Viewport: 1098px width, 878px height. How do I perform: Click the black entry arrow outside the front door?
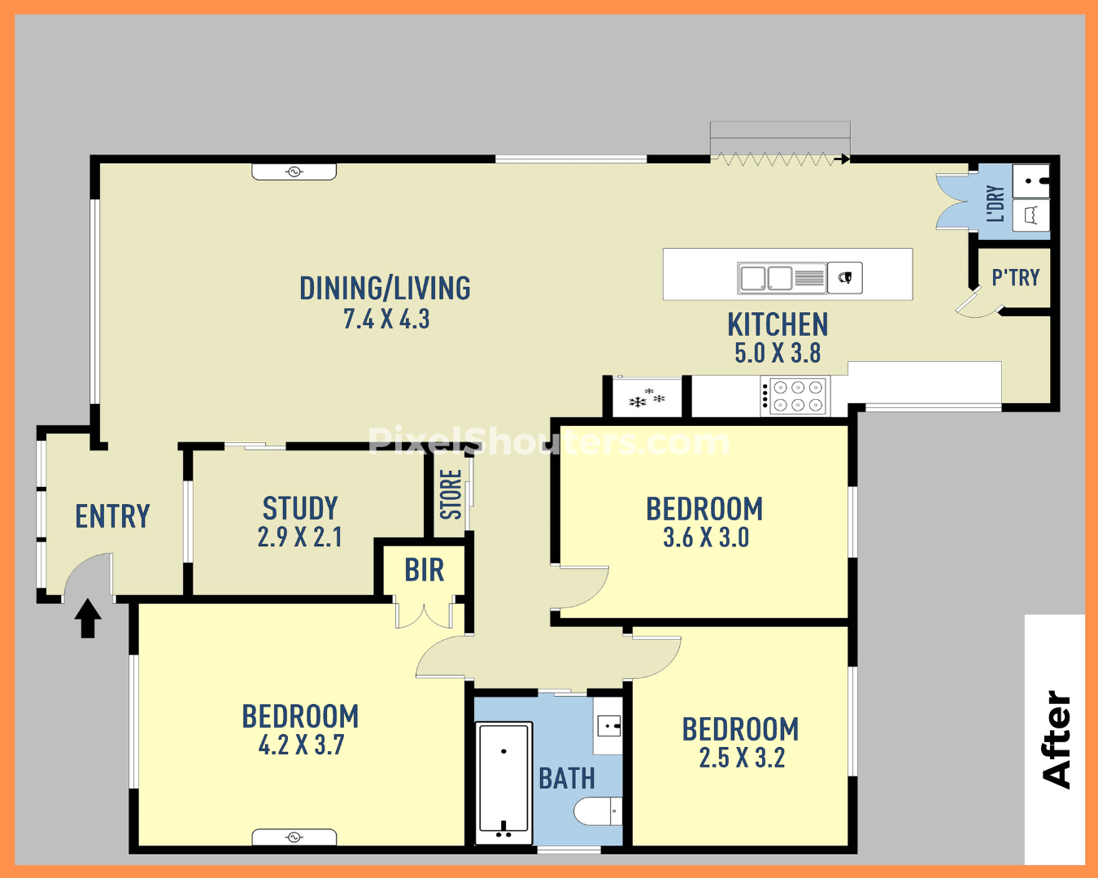[x=88, y=618]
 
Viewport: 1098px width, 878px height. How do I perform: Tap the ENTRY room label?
[x=113, y=516]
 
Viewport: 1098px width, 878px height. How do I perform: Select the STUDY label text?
[x=300, y=508]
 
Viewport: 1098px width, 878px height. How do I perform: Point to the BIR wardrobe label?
[x=424, y=570]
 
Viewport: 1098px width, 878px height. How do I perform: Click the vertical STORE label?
[x=451, y=493]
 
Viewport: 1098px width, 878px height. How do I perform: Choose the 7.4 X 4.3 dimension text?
[x=386, y=319]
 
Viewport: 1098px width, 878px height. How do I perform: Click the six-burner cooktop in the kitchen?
[x=795, y=396]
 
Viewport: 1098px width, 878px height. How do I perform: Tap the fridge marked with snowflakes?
[x=647, y=398]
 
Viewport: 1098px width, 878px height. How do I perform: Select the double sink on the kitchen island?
[x=782, y=278]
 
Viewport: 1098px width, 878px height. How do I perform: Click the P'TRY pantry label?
[x=1015, y=278]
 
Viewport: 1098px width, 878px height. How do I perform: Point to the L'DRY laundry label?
[x=996, y=204]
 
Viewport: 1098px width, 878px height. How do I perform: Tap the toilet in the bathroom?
[x=598, y=811]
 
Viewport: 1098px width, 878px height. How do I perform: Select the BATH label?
[x=567, y=779]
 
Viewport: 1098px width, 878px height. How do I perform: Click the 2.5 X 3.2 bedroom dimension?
[x=742, y=758]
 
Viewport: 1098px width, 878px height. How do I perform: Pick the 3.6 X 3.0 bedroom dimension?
[x=706, y=537]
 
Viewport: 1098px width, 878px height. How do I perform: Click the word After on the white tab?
[x=1057, y=741]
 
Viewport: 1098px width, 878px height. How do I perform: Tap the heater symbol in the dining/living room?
[x=294, y=172]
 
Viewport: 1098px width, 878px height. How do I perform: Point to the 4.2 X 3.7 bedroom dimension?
[x=301, y=745]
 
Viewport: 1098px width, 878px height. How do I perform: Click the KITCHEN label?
[x=778, y=324]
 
